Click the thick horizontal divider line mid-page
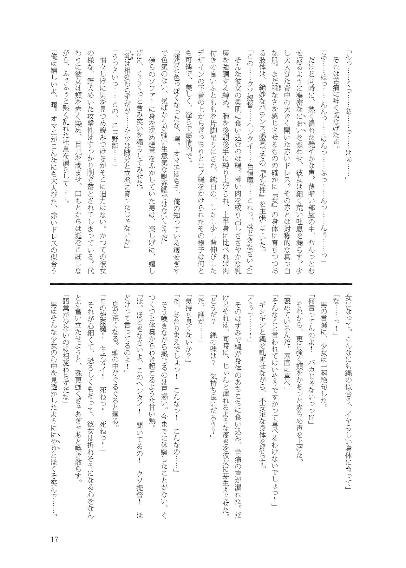coord(201,283)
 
